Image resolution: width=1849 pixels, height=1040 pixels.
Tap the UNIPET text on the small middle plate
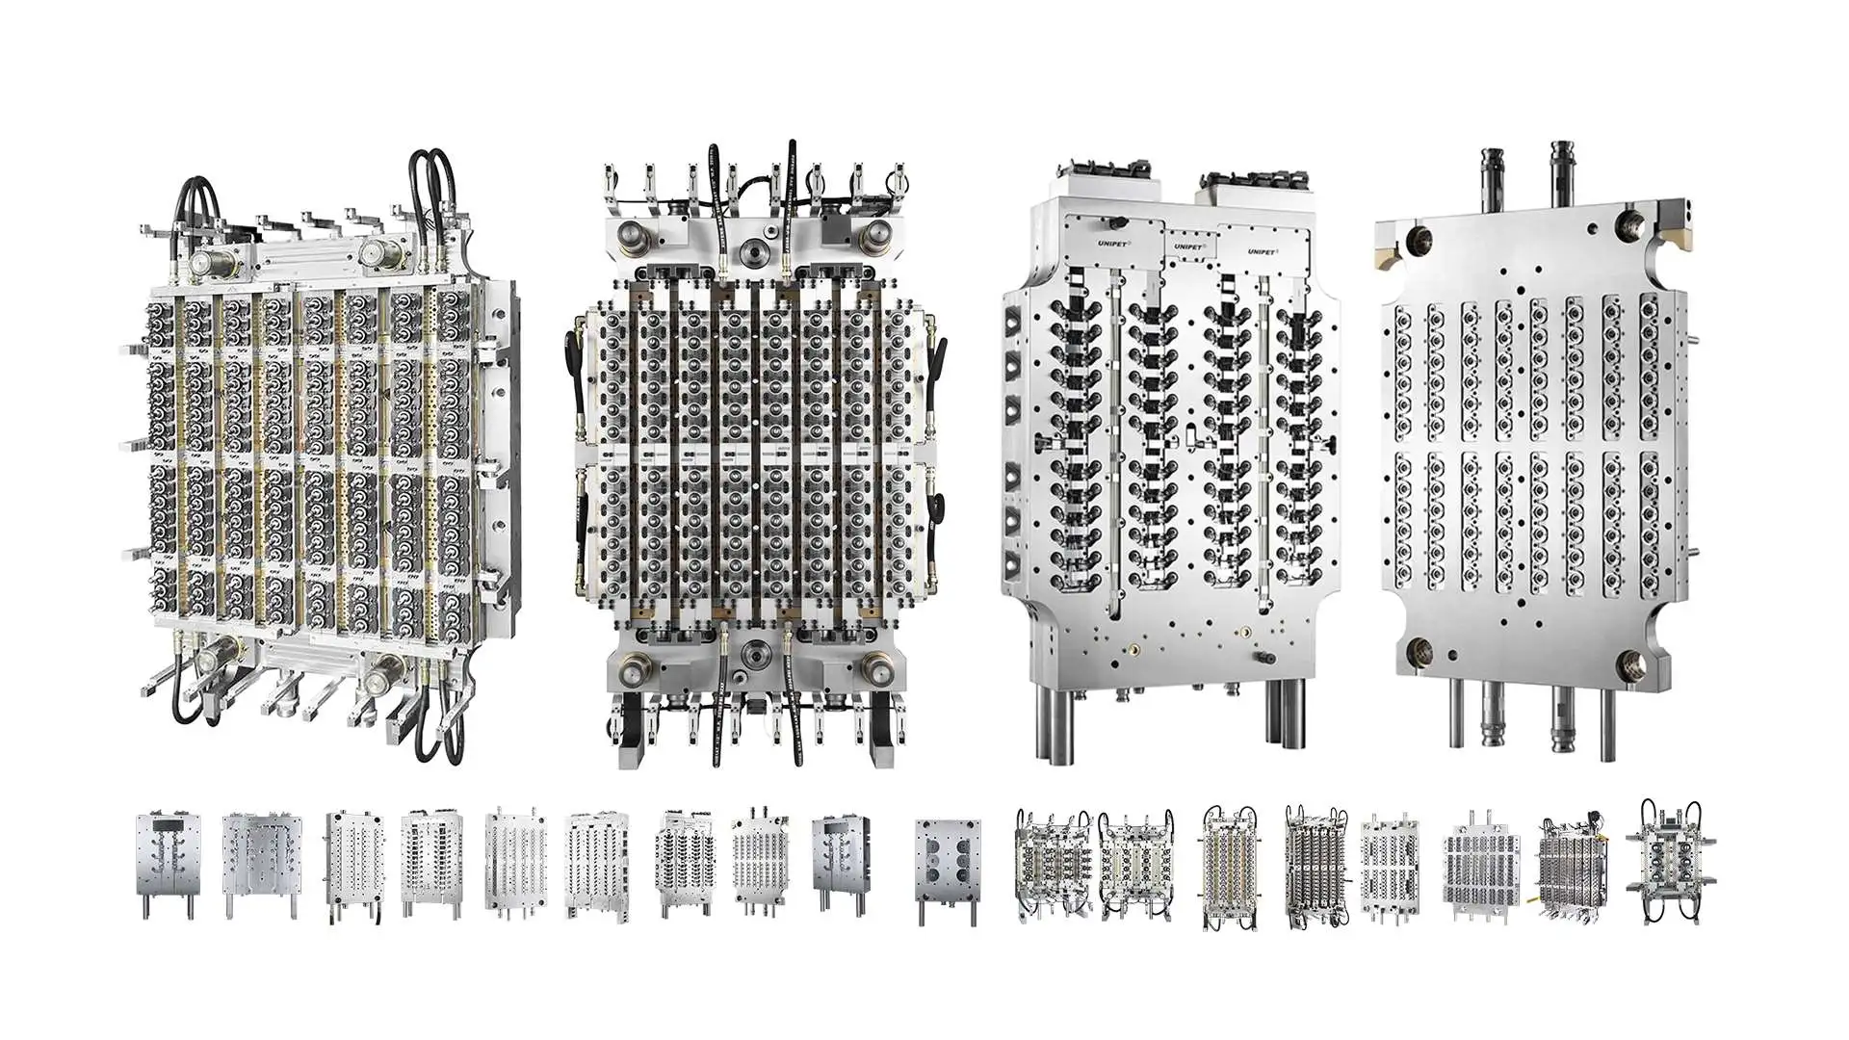tap(1187, 247)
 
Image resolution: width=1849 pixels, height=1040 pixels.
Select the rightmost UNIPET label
tap(1262, 251)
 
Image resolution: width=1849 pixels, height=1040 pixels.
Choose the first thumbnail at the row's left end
tap(168, 864)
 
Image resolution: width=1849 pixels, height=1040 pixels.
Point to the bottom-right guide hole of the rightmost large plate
tap(1634, 662)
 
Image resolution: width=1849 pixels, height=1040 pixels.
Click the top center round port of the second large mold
tap(753, 251)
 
